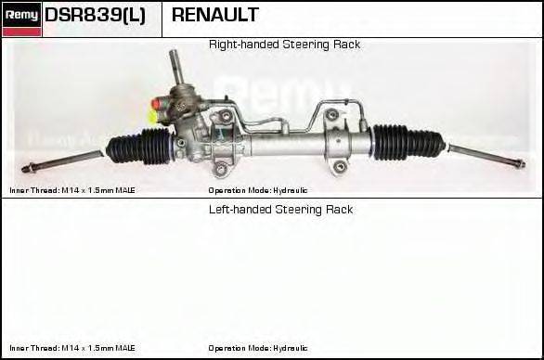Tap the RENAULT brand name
tap(215, 15)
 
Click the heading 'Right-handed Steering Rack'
tap(284, 45)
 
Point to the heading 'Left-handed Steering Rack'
tap(280, 210)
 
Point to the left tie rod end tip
tap(29, 168)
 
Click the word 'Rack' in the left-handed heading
tap(339, 210)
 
